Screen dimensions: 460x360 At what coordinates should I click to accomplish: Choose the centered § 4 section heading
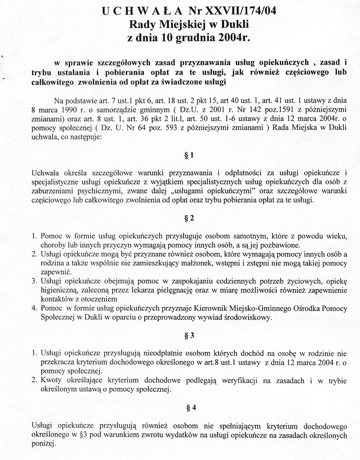click(191, 408)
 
